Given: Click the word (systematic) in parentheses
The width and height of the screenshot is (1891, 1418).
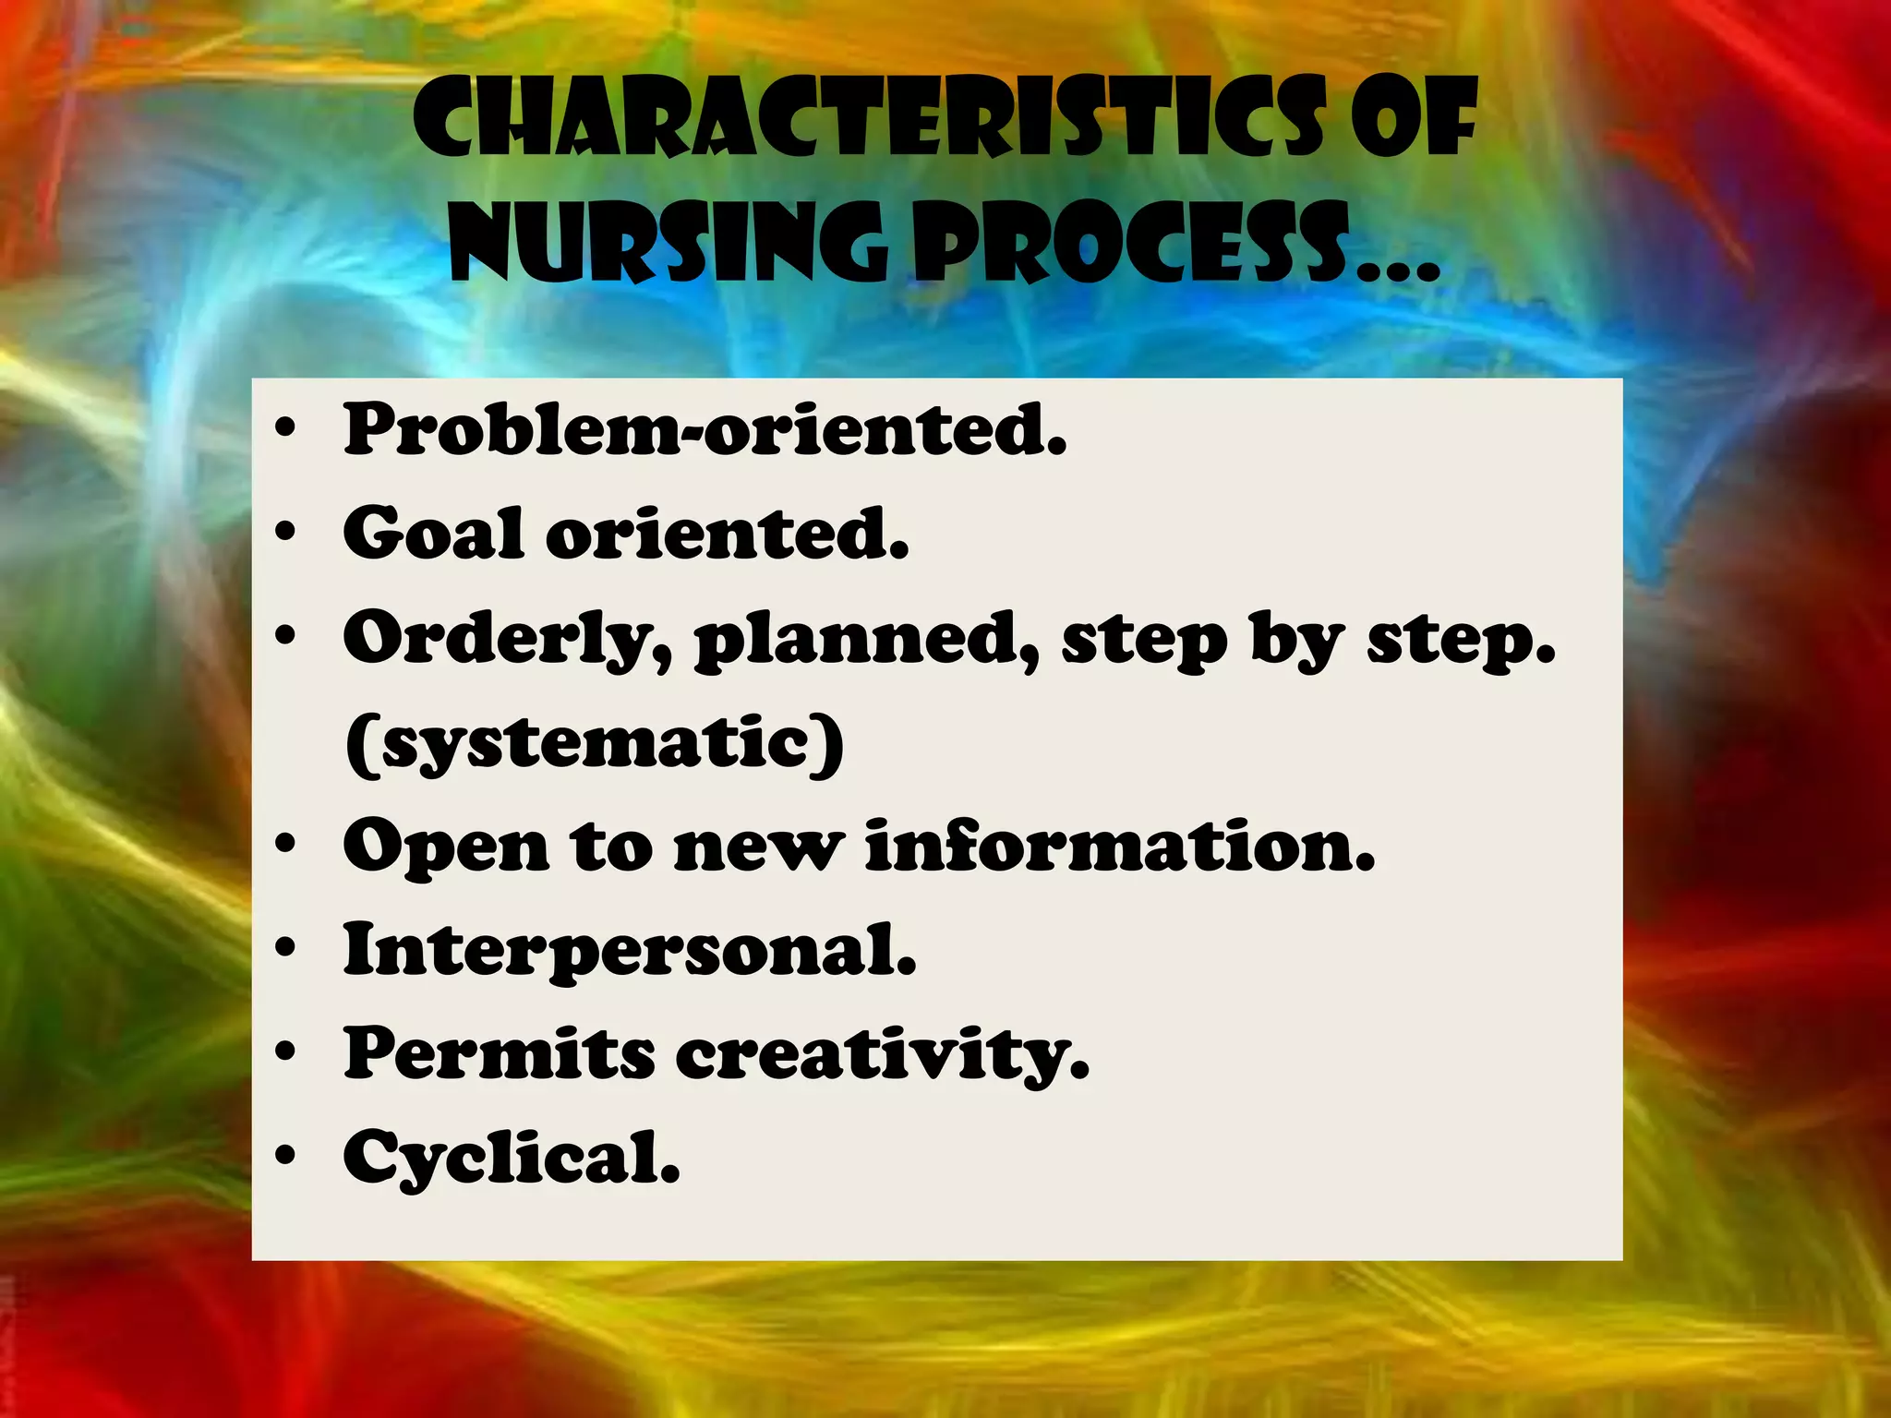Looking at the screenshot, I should tap(595, 744).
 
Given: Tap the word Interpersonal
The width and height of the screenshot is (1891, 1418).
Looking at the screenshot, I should tap(630, 950).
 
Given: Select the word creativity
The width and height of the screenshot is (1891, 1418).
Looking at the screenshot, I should tap(883, 1055).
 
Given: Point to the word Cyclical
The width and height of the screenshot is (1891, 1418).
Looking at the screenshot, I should tap(512, 1158).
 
